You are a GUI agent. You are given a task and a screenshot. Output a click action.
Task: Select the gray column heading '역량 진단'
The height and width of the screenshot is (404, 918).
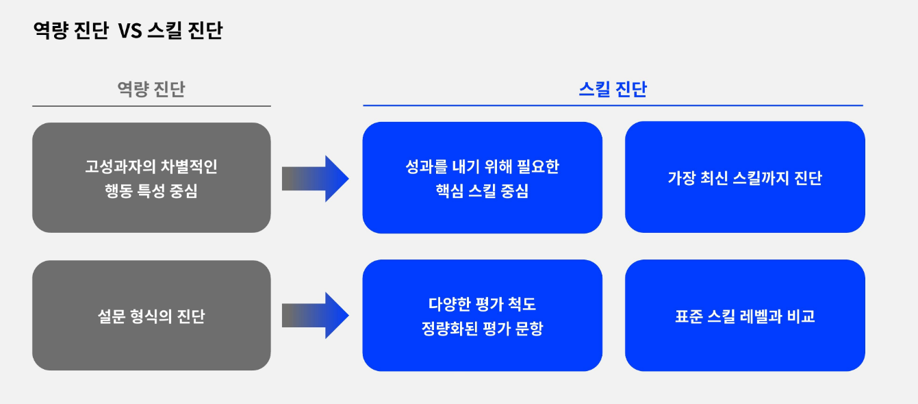(x=151, y=89)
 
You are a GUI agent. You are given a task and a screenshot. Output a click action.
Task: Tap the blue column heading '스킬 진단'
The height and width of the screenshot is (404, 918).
(x=613, y=90)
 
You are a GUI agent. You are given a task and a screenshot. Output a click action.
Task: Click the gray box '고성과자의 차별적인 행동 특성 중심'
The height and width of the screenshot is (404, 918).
(x=151, y=177)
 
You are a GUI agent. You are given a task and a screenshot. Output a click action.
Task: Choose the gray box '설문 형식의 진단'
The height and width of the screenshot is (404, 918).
(x=151, y=316)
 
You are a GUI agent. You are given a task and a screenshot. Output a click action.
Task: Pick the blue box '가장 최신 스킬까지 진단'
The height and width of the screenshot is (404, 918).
(x=745, y=177)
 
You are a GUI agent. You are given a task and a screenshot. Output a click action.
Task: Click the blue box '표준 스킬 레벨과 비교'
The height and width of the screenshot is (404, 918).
(x=745, y=316)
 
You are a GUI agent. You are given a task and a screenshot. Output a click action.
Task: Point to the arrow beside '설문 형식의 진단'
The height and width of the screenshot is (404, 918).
(x=315, y=316)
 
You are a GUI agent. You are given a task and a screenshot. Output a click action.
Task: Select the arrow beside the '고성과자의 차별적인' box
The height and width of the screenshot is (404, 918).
(x=315, y=178)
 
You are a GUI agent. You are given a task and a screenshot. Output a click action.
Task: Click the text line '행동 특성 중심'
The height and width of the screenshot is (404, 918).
(x=151, y=191)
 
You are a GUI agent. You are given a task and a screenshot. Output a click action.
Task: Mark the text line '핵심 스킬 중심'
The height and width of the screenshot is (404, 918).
(x=482, y=192)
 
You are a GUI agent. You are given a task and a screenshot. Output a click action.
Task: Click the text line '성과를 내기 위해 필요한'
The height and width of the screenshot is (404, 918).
(x=482, y=166)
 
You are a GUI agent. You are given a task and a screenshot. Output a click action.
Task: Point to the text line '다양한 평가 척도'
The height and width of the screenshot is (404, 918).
(x=482, y=304)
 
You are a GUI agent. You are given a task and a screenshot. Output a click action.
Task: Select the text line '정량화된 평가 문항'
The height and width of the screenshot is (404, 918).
(x=482, y=329)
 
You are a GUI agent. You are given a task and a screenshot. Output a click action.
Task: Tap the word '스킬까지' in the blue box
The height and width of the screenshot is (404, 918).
(x=761, y=178)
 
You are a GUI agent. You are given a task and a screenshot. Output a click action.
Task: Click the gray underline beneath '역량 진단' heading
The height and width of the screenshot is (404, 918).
(x=151, y=106)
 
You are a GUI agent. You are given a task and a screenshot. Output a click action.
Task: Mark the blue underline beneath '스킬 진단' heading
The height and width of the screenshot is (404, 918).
(x=613, y=105)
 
